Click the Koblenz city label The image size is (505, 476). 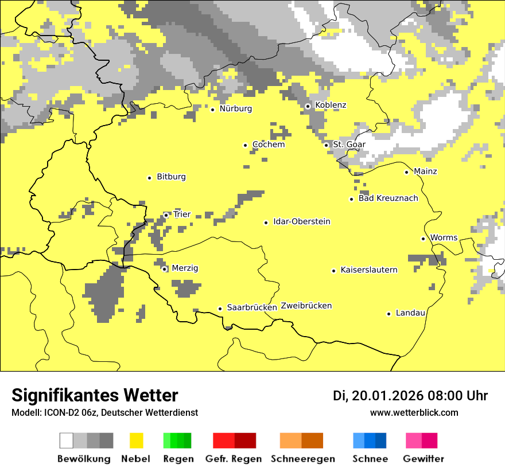(x=331, y=105)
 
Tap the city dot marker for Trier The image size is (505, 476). (x=166, y=215)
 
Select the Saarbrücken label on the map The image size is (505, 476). (x=252, y=307)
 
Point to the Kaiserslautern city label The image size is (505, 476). (x=369, y=270)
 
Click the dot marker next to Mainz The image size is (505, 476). (x=406, y=172)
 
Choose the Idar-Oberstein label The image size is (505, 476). (x=302, y=221)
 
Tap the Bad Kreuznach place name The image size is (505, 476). (x=388, y=198)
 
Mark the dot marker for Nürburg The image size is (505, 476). (x=212, y=109)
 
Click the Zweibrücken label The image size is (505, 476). (x=306, y=306)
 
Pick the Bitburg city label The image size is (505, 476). (x=171, y=177)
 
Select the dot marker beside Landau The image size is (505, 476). (x=389, y=314)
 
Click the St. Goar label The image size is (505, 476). (x=349, y=144)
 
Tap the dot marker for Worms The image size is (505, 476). (x=423, y=239)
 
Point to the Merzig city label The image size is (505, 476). (x=185, y=268)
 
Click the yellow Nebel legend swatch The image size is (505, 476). (x=136, y=440)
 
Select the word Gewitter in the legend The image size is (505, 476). (x=424, y=459)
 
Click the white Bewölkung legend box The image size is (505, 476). (x=67, y=440)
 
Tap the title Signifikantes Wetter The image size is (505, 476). (x=95, y=395)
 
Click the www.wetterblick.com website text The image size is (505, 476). (x=414, y=412)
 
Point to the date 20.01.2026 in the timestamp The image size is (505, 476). (x=387, y=396)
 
